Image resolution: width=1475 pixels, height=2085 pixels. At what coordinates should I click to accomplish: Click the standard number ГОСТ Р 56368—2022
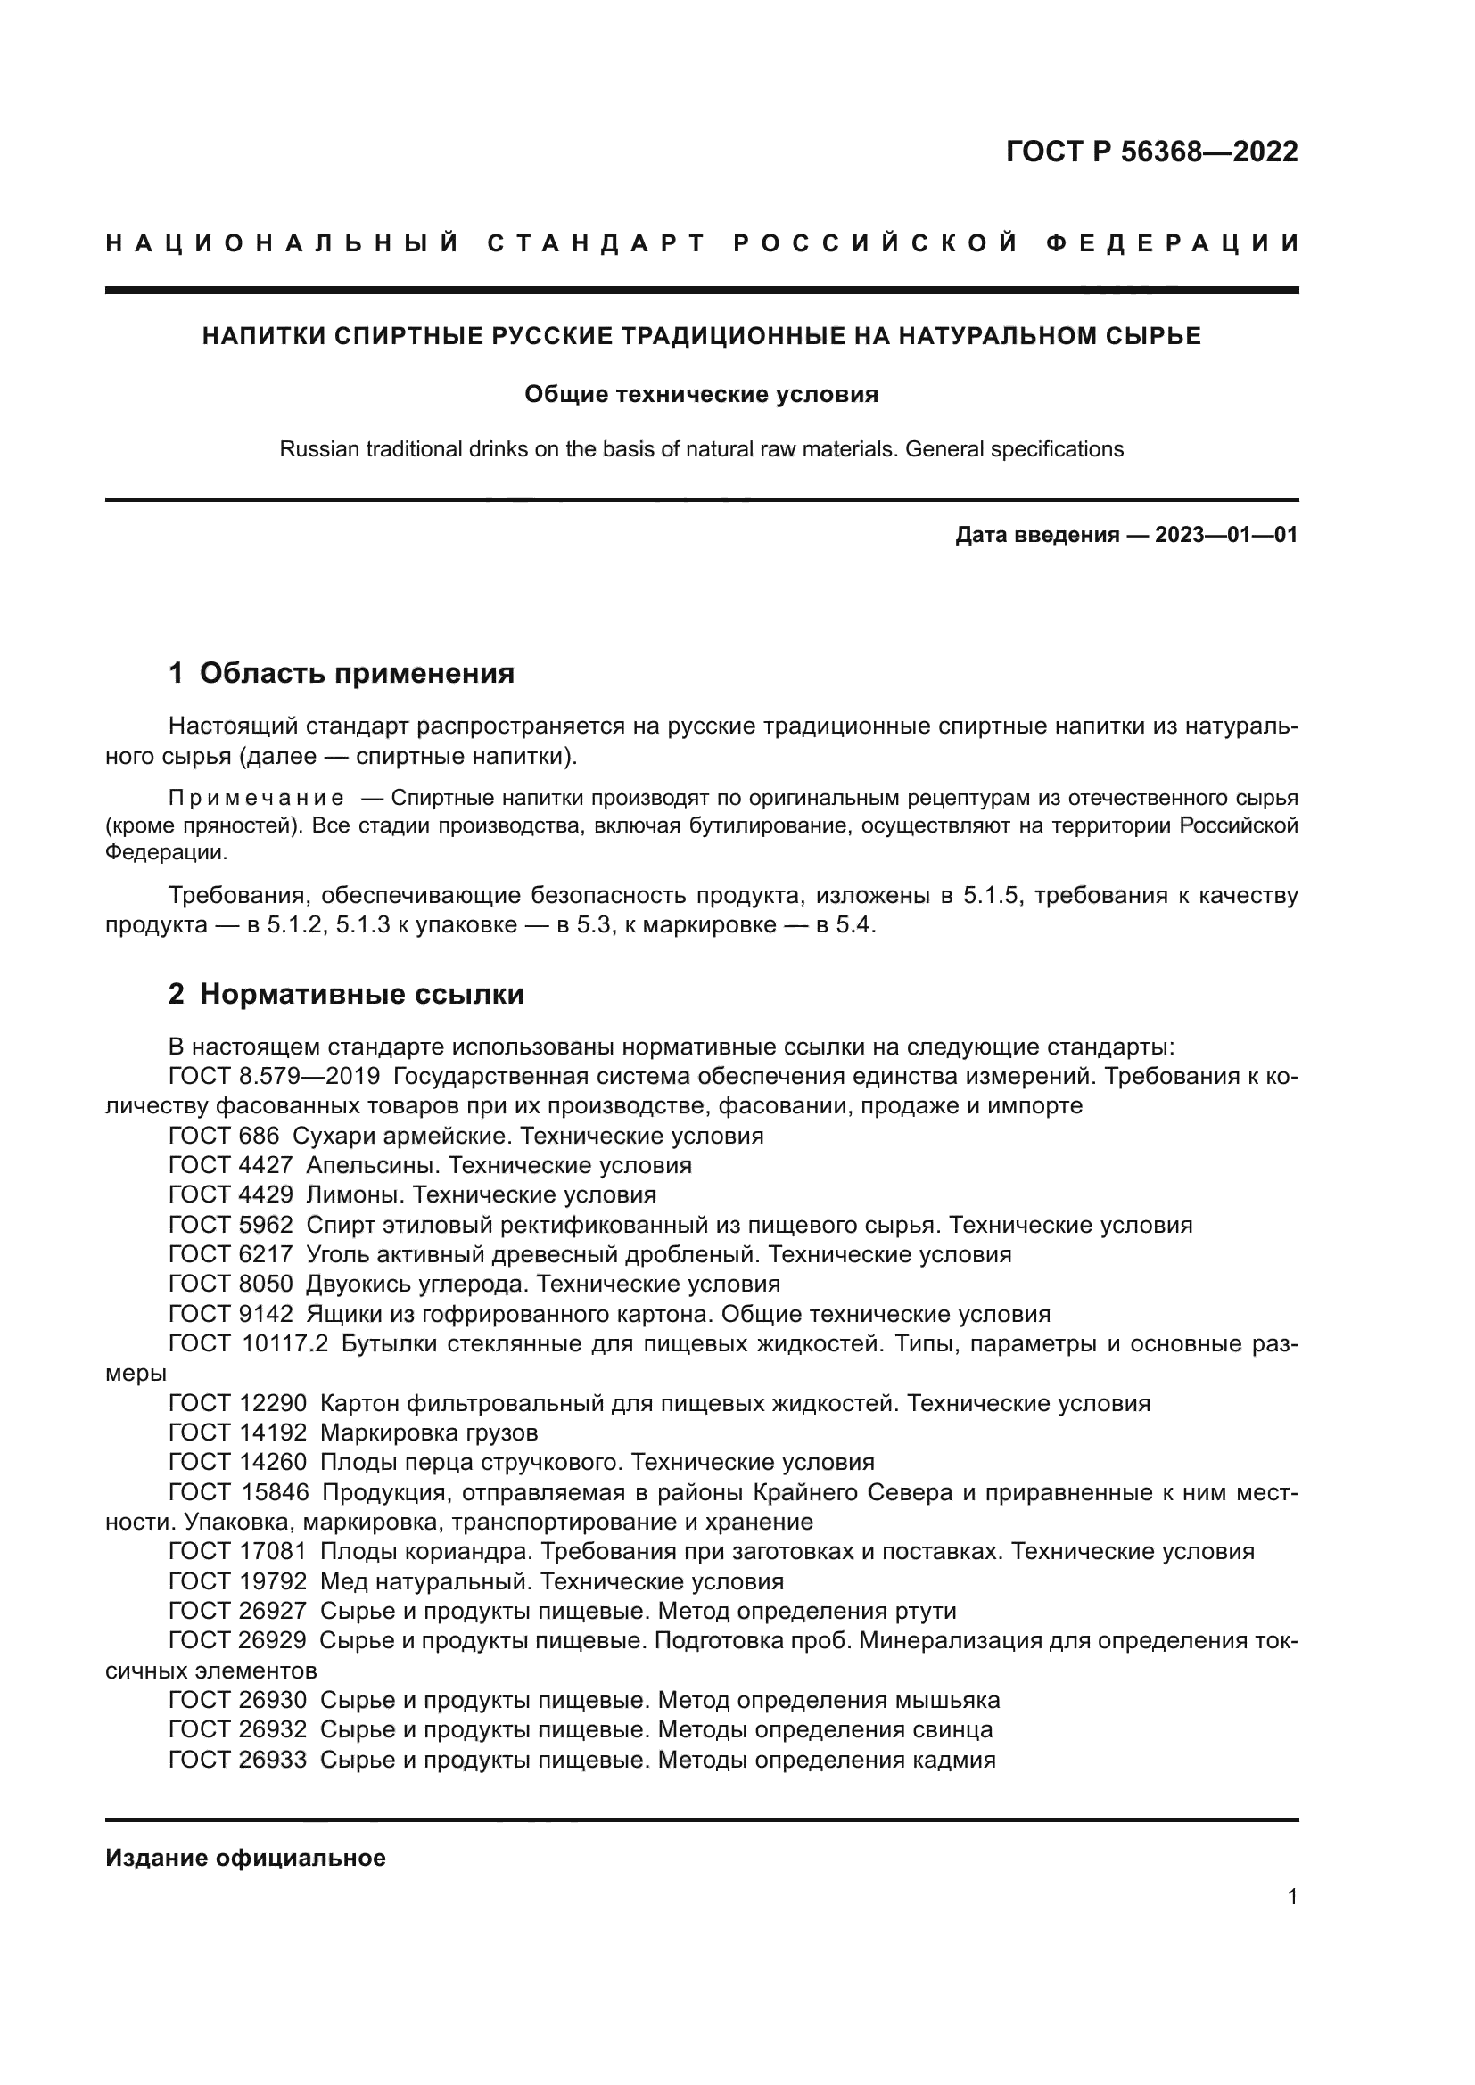(1150, 152)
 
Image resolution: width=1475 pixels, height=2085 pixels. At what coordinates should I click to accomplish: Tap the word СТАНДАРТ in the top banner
(597, 243)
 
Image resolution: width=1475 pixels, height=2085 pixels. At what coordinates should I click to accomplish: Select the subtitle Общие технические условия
(701, 394)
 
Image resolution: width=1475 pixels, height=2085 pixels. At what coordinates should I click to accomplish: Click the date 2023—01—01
(1225, 535)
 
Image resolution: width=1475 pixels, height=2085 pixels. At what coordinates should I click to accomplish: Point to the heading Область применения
(356, 673)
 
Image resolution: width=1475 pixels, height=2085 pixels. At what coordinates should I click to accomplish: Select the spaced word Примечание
(257, 798)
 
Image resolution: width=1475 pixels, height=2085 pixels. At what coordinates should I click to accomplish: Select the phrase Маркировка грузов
(429, 1433)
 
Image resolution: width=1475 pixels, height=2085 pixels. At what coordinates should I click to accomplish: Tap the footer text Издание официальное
(245, 1858)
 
